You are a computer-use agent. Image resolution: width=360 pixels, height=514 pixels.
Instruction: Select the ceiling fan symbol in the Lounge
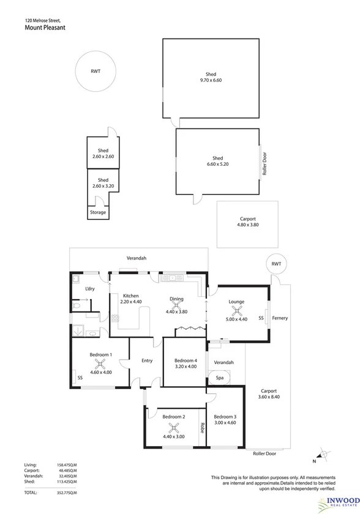pos(236,310)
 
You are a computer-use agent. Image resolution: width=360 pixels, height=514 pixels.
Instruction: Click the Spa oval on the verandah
pos(219,378)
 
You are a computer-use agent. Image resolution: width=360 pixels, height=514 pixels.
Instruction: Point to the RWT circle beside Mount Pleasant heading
pos(96,72)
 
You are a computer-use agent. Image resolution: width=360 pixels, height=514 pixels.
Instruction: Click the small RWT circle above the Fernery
pos(277,264)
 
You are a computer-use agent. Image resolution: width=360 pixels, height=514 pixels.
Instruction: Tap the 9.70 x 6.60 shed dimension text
pos(211,80)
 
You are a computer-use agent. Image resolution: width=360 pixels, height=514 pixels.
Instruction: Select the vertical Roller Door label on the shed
pos(265,164)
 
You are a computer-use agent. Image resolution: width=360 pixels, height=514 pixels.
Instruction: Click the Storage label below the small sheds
pos(98,212)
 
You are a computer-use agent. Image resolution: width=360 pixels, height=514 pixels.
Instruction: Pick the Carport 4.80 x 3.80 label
pos(248,222)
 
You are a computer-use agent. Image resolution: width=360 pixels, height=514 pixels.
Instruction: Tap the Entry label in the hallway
pos(147,360)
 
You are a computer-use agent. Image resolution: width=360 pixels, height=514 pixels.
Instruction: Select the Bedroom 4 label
pos(186,360)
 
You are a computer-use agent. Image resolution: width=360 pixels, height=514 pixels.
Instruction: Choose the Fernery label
pos(280,318)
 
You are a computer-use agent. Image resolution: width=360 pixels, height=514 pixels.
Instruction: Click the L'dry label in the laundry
pos(90,288)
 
